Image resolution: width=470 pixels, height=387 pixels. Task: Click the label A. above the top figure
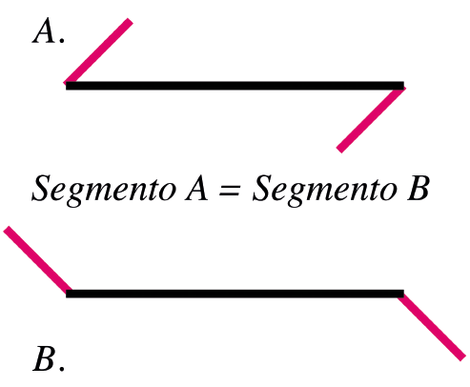[x=49, y=31]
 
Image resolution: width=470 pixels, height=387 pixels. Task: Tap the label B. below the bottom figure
[x=49, y=358]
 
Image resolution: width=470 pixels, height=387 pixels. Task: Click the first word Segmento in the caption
[x=104, y=190]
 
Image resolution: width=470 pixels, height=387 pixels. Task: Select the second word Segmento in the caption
[x=325, y=190]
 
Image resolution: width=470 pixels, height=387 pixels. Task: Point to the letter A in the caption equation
[x=197, y=188]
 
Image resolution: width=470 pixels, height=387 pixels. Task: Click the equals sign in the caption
[x=230, y=190]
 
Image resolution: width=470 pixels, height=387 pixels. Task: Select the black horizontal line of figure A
[x=235, y=86]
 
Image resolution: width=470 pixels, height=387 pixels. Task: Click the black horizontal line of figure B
[x=235, y=294]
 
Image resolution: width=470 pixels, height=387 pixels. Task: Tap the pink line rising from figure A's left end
[x=98, y=51]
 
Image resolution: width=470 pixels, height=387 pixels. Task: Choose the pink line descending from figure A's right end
[x=371, y=119]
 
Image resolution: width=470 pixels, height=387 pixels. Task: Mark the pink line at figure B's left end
[x=37, y=259]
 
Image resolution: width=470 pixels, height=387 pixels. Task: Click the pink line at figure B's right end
[x=432, y=327]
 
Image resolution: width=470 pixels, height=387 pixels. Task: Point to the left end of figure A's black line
[x=66, y=86]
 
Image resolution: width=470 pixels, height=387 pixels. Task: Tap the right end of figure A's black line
[x=404, y=86]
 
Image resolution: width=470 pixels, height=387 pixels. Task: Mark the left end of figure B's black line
[x=66, y=294]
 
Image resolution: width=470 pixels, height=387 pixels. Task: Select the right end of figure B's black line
[x=404, y=294]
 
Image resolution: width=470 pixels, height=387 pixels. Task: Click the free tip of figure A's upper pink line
[x=131, y=20]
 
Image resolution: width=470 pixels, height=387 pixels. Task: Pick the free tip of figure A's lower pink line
[x=338, y=151]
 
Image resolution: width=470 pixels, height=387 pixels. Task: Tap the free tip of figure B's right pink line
[x=463, y=358]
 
